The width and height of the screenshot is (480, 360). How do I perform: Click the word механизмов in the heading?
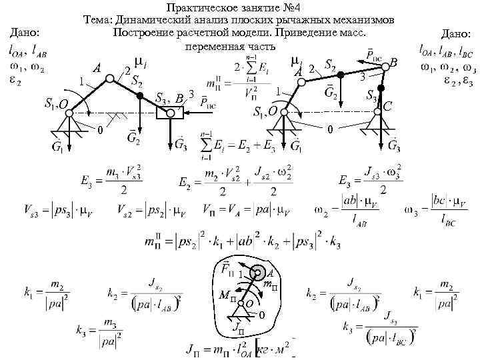pyautogui.click(x=364, y=20)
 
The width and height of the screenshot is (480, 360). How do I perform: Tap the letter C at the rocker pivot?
pyautogui.click(x=389, y=106)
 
